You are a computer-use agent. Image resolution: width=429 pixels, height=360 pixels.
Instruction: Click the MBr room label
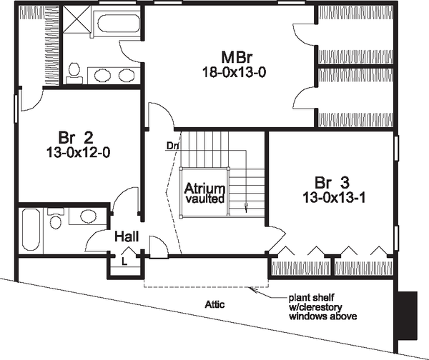[x=237, y=57]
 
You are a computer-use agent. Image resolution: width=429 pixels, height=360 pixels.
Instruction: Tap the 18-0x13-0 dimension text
[x=235, y=72]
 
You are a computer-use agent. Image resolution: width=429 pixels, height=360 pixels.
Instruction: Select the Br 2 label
[x=76, y=138]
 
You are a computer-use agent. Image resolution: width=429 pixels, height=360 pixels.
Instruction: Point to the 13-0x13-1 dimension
[x=334, y=198]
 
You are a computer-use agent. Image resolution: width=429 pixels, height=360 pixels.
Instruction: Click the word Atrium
[x=204, y=189]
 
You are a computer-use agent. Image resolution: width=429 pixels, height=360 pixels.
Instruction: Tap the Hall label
[x=127, y=236]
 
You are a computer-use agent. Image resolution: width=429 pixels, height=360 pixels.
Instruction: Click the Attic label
[x=214, y=304]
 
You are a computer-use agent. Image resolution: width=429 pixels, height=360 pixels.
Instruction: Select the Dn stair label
[x=172, y=146]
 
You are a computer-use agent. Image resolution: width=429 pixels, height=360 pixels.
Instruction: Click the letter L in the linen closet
[x=124, y=262]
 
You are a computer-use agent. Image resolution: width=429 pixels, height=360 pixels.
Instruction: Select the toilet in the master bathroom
[x=74, y=73]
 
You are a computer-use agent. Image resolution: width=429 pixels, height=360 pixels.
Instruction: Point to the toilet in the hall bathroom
[x=56, y=218]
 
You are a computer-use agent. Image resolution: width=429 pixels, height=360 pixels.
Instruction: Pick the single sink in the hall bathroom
[x=88, y=216]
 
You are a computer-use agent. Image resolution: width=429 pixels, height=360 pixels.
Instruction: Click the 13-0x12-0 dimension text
[x=78, y=153]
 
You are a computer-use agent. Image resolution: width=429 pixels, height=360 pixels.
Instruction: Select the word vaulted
[x=205, y=199]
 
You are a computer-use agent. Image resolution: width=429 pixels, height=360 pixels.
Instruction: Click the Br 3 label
[x=332, y=183]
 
